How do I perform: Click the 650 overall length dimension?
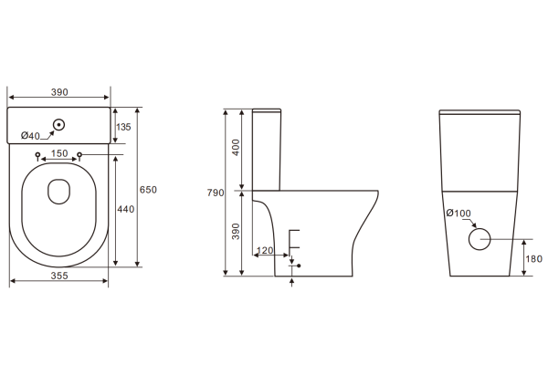click(x=148, y=189)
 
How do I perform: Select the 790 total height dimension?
click(x=216, y=193)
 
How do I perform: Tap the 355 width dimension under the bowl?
click(x=58, y=273)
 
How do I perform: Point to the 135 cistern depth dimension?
click(x=124, y=127)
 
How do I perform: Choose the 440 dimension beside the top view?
click(x=125, y=209)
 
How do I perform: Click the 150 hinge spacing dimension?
click(x=59, y=153)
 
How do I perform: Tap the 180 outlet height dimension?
click(x=533, y=258)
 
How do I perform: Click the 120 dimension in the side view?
click(x=265, y=250)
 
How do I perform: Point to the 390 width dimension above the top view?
click(x=58, y=93)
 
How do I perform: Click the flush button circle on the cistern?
click(x=59, y=124)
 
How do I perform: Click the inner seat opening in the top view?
click(x=59, y=190)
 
